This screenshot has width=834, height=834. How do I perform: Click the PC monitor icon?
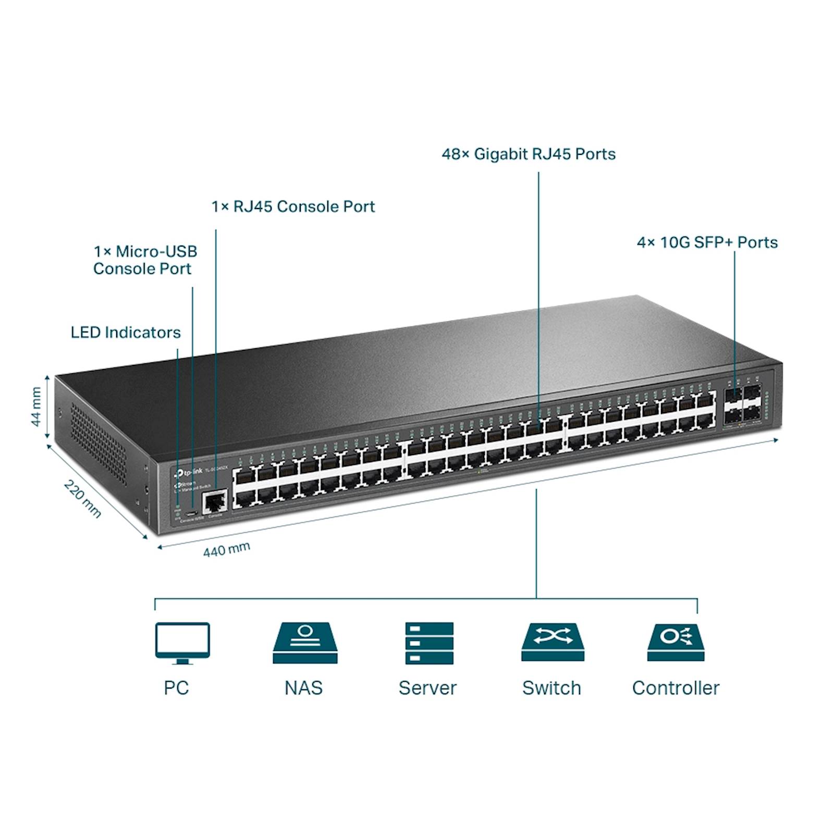182,642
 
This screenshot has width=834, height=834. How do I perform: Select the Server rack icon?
429,642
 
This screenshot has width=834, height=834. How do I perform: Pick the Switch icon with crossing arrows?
553,641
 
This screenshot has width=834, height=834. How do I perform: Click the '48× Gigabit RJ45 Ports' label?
529,154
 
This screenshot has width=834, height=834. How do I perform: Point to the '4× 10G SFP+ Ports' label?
707,242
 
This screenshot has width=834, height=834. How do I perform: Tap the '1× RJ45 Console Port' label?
293,207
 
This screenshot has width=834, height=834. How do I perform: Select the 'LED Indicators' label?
126,333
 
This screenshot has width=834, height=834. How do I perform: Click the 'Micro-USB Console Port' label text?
145,260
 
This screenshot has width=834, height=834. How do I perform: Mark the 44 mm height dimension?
36,407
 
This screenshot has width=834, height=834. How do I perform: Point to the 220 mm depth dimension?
82,499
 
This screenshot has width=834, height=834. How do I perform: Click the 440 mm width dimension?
226,549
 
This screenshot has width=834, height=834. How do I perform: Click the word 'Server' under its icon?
427,688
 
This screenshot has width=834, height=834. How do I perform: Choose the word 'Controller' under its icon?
676,688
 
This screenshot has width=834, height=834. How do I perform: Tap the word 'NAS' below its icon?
303,688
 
